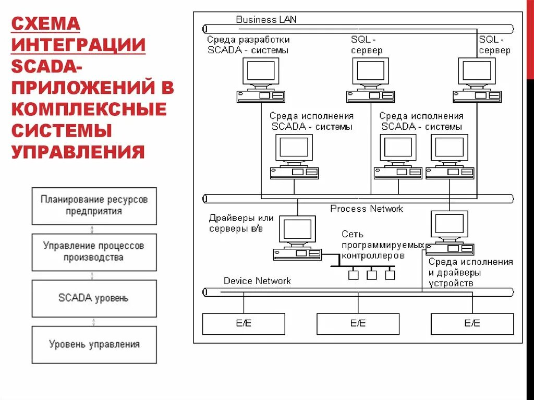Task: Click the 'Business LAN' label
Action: (x=266, y=20)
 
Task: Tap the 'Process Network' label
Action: (x=367, y=209)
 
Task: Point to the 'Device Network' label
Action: (x=257, y=281)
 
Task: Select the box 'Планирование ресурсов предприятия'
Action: (x=94, y=206)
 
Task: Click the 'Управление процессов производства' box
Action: (x=94, y=252)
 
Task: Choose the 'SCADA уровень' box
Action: (x=94, y=298)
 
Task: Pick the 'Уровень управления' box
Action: (x=94, y=344)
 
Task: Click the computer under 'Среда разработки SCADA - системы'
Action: (x=261, y=79)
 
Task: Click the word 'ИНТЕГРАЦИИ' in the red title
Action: (x=79, y=44)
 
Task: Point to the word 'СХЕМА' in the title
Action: (x=46, y=23)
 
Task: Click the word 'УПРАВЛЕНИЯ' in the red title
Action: (x=78, y=152)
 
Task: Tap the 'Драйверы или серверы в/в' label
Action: (x=241, y=223)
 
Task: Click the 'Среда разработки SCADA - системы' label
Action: (x=248, y=45)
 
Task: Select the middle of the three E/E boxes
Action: (x=358, y=324)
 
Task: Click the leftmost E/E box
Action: (x=244, y=324)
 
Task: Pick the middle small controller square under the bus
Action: (x=372, y=275)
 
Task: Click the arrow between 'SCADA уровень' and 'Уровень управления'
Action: (x=93, y=321)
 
